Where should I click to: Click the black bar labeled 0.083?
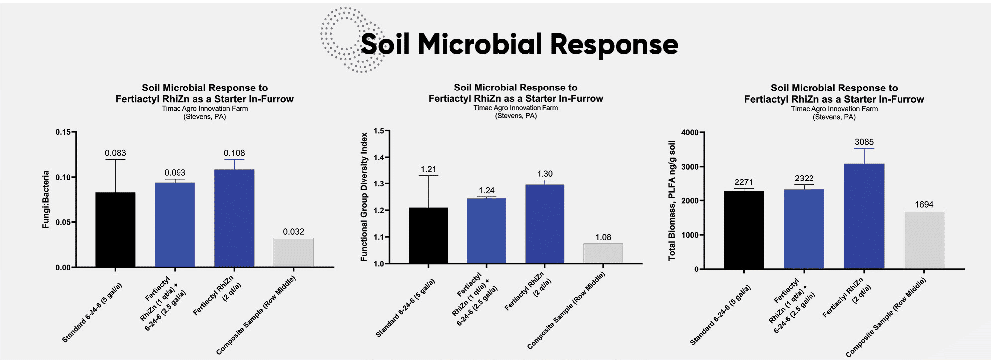click(x=115, y=230)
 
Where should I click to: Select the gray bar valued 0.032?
click(x=293, y=253)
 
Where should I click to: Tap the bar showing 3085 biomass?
click(x=864, y=216)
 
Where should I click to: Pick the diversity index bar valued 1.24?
click(x=486, y=231)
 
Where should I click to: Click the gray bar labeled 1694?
click(x=924, y=240)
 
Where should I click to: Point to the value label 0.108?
click(x=234, y=153)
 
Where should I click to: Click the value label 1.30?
click(x=544, y=174)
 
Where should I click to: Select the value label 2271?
click(x=744, y=182)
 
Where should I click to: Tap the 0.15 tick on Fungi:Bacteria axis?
click(x=63, y=132)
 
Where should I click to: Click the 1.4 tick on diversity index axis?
click(x=379, y=158)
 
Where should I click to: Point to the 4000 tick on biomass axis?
click(x=690, y=133)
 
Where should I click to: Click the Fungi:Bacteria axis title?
click(x=46, y=199)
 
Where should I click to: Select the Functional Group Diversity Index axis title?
click(x=364, y=197)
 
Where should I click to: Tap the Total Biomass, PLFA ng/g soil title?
click(x=672, y=200)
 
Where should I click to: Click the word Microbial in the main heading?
click(x=479, y=44)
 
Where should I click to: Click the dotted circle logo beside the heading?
click(x=348, y=40)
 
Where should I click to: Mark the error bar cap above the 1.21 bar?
click(x=428, y=176)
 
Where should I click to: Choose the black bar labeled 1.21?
click(x=428, y=235)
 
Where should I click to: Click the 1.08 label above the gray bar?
click(x=603, y=237)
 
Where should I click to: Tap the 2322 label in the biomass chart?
click(x=804, y=179)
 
